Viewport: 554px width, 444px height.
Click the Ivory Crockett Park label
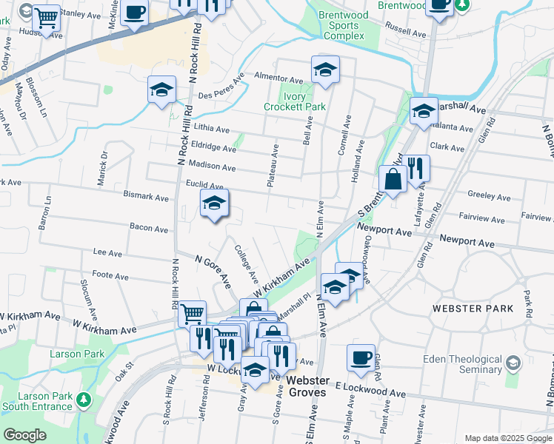pyautogui.click(x=294, y=101)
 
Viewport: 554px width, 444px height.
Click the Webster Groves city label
pyautogui.click(x=307, y=386)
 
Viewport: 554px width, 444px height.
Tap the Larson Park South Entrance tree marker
pyautogui.click(x=84, y=400)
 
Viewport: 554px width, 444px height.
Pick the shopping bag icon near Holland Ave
pyautogui.click(x=392, y=179)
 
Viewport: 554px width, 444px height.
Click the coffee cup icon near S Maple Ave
pyautogui.click(x=361, y=358)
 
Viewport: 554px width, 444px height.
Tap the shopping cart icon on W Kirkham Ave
pyautogui.click(x=192, y=314)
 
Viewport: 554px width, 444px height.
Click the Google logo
pyautogui.click(x=24, y=435)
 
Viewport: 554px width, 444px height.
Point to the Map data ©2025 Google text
pyautogui.click(x=507, y=438)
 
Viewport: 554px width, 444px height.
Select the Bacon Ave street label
pyautogui.click(x=148, y=229)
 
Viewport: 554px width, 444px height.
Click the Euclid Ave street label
pyautogui.click(x=204, y=185)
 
